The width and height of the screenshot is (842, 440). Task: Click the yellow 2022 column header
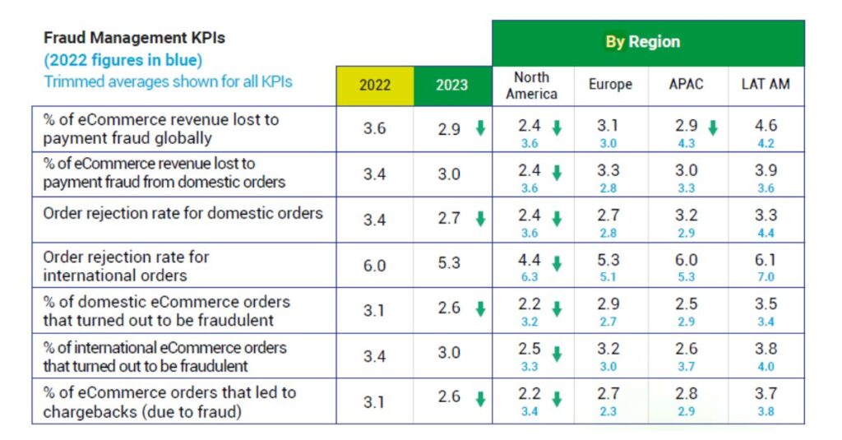[375, 86]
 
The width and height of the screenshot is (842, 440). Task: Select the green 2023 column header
[452, 86]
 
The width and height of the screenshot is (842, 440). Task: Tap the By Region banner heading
[643, 42]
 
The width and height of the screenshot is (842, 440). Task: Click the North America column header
[532, 86]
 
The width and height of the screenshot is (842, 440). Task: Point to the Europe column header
[611, 85]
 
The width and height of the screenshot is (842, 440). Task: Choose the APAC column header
[686, 85]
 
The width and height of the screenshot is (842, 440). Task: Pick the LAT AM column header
[766, 85]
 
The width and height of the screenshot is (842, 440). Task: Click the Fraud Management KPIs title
[134, 38]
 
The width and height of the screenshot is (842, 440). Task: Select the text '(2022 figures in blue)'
[123, 60]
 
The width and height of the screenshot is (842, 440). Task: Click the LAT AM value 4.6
[766, 125]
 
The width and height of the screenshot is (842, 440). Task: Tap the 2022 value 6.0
[374, 266]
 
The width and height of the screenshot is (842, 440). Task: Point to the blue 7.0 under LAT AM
[766, 276]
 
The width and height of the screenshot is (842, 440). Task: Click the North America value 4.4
[529, 260]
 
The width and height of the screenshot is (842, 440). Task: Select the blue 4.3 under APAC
[687, 143]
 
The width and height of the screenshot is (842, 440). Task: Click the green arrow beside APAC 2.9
[713, 127]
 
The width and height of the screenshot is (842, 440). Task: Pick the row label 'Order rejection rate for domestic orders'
[183, 213]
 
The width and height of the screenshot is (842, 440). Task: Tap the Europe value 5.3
[608, 260]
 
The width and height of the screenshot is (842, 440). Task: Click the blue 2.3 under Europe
[608, 411]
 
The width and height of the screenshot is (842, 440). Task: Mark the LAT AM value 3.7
[766, 394]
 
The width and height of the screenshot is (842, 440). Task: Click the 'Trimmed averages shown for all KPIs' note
[168, 81]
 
